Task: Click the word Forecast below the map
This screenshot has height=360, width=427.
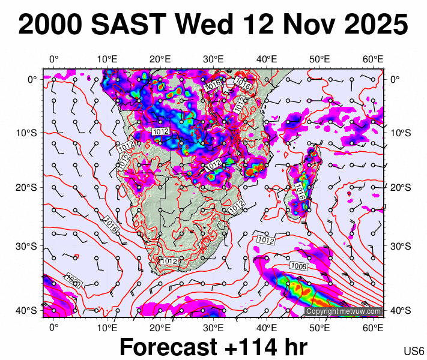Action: [169, 347]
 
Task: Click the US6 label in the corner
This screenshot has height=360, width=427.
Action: [414, 351]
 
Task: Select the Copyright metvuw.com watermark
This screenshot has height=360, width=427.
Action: [343, 311]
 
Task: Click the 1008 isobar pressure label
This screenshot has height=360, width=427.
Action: [298, 266]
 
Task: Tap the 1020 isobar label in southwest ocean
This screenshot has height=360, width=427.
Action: [73, 280]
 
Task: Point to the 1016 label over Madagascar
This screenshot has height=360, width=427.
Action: [300, 192]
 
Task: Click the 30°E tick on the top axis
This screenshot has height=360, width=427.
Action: [213, 59]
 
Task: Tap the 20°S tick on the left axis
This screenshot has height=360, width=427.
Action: [29, 187]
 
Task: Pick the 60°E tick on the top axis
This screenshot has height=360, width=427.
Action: [373, 59]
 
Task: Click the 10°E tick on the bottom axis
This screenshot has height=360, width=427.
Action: [106, 327]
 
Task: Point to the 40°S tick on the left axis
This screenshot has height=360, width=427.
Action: [29, 310]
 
